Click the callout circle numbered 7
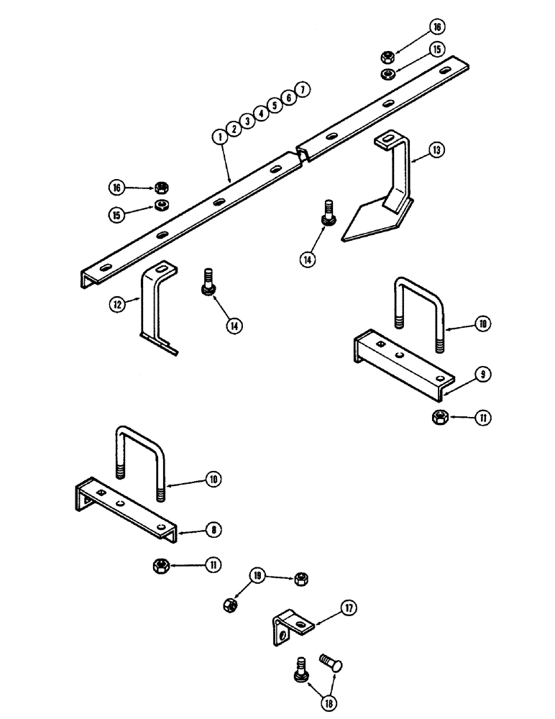point(303,89)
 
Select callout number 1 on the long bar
point(219,135)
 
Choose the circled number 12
point(116,304)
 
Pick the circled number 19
point(256,575)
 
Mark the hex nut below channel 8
point(160,567)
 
